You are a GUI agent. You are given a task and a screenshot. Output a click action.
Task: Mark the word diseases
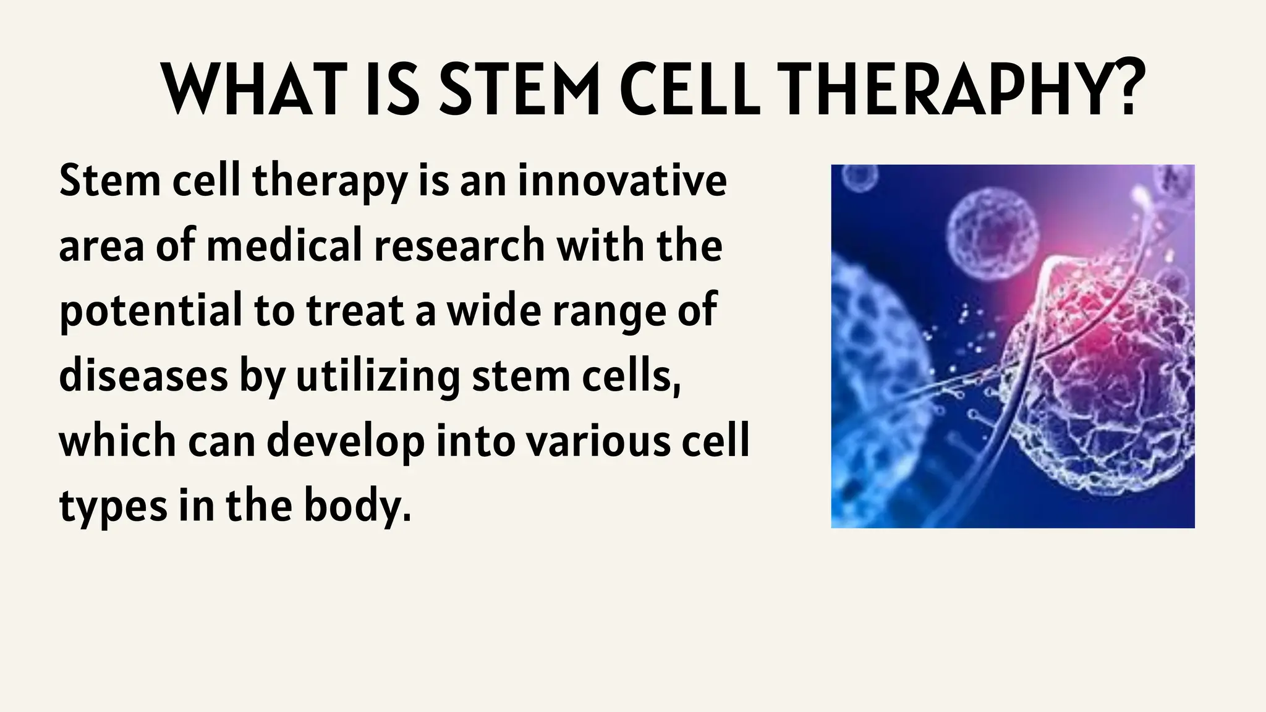pyautogui.click(x=143, y=376)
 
